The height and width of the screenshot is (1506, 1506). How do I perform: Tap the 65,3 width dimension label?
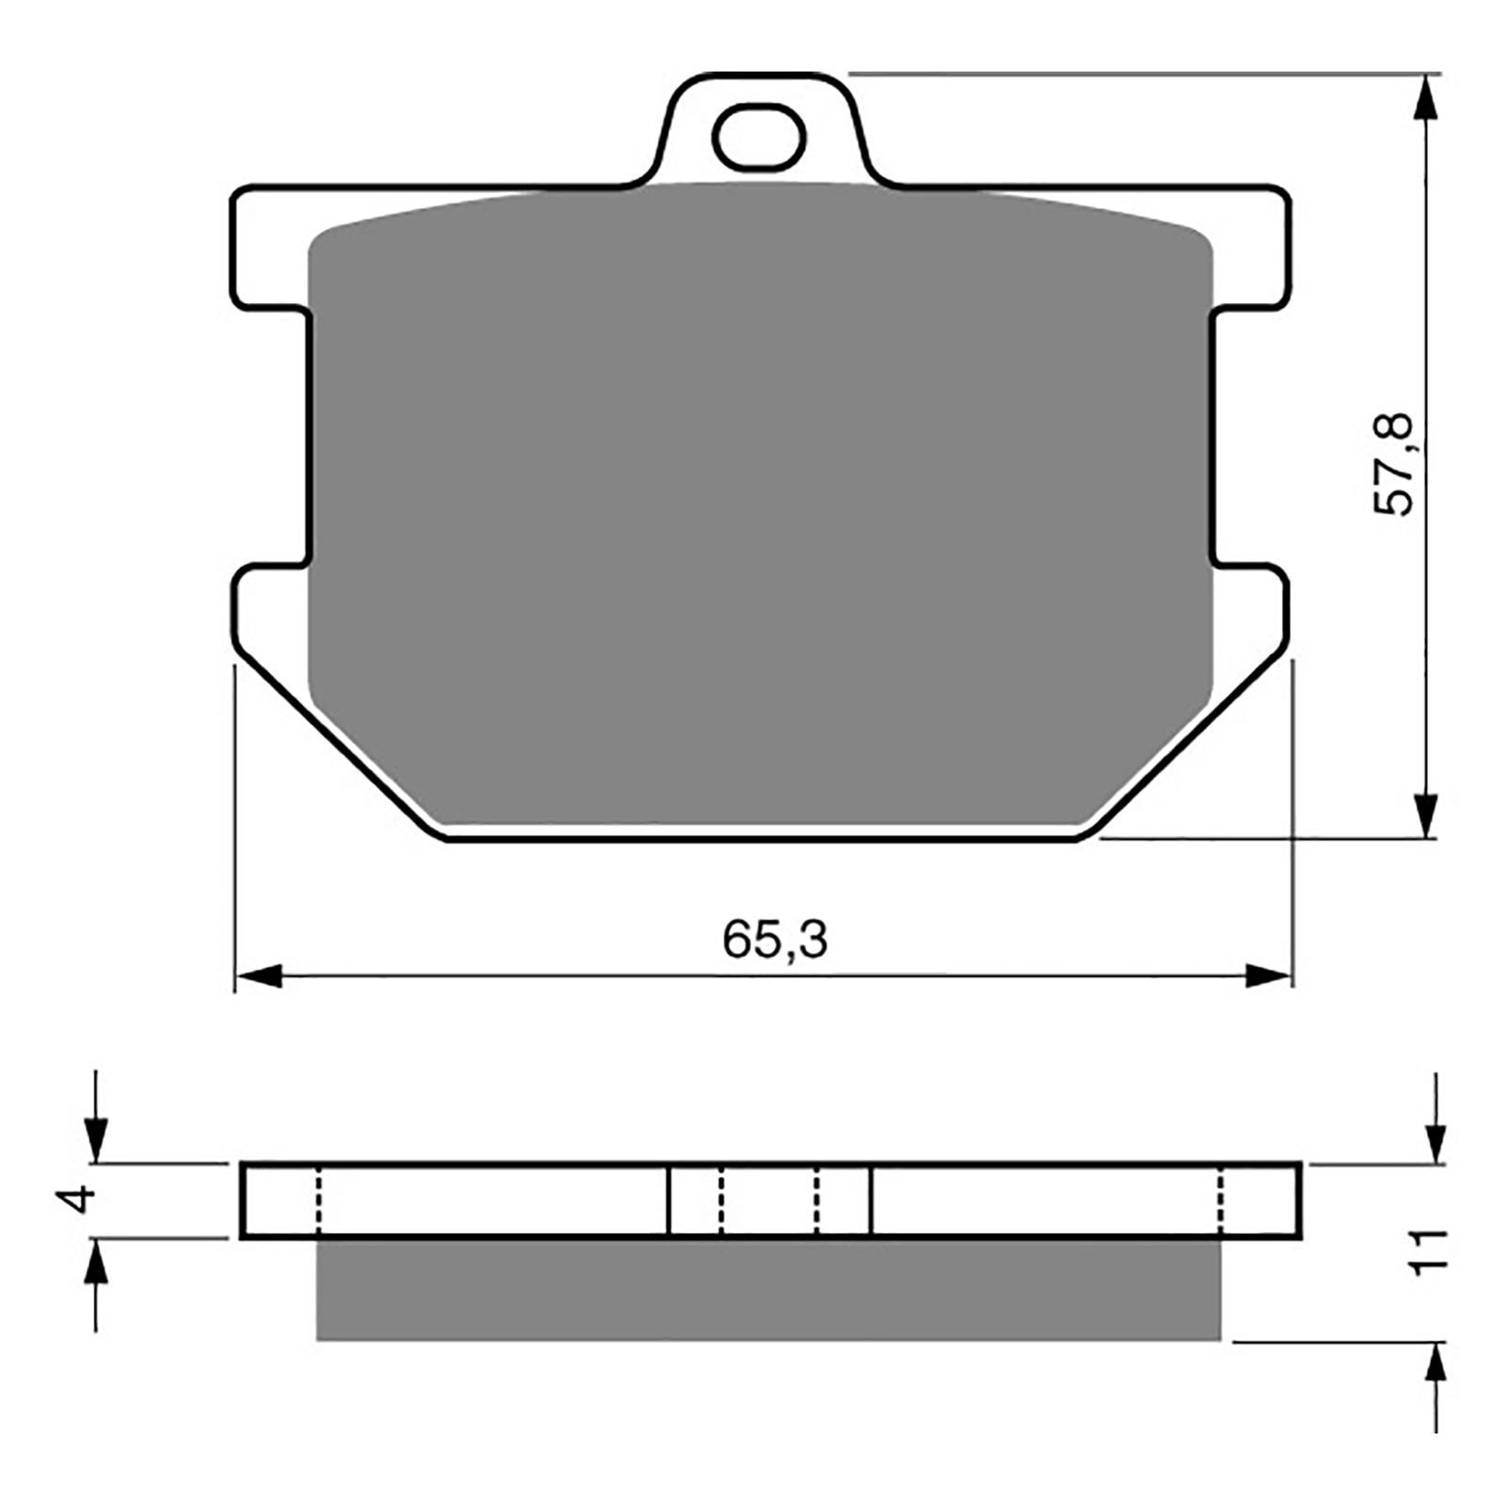[775, 939]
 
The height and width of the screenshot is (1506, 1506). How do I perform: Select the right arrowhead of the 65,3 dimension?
[1267, 976]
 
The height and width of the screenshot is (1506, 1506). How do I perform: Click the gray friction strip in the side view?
[767, 1289]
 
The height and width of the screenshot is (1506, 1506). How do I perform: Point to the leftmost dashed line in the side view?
[318, 1201]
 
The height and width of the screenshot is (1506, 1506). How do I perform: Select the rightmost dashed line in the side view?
[1221, 1201]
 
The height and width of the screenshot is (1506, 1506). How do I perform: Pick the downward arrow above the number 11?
[1436, 1140]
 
